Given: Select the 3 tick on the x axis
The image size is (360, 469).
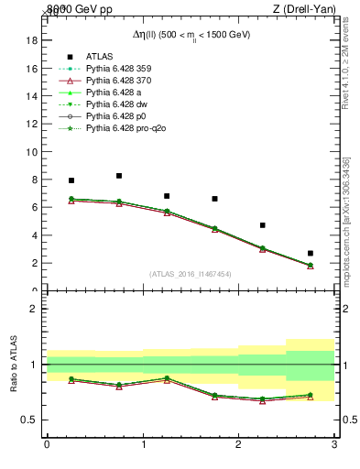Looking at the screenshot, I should (x=334, y=444).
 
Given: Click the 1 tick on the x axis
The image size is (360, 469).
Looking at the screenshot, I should (x=143, y=444).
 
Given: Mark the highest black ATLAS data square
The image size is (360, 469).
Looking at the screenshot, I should (x=119, y=176).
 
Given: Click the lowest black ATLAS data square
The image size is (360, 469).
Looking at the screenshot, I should (x=311, y=253).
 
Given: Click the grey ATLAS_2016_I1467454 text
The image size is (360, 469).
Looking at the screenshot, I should (x=191, y=274).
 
